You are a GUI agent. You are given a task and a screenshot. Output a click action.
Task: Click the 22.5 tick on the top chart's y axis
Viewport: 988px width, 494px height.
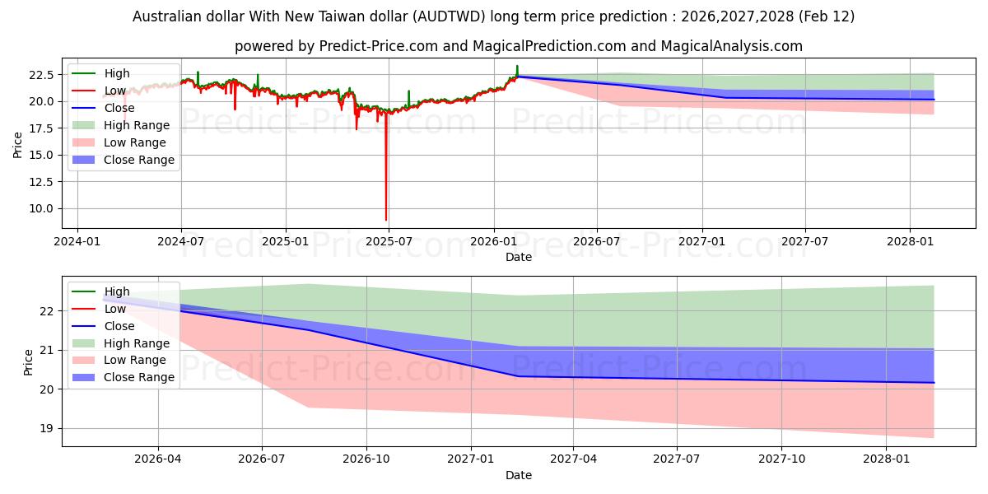pos(42,75)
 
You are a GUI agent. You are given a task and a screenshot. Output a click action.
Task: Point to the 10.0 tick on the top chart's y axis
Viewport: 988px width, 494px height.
pos(42,209)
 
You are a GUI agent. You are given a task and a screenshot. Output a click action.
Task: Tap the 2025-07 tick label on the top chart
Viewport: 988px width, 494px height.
pos(389,241)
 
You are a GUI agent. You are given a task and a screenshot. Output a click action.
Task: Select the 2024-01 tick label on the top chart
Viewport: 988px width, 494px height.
pos(77,241)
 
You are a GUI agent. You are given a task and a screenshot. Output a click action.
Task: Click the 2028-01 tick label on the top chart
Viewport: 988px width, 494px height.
pos(910,241)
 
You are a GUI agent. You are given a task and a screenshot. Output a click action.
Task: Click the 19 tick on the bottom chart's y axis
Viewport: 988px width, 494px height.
pos(48,428)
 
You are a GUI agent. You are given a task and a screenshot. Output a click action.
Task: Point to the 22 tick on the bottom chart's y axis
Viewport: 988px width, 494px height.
pos(48,311)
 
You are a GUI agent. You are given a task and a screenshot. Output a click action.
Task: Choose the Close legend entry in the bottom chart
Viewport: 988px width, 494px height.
pos(119,326)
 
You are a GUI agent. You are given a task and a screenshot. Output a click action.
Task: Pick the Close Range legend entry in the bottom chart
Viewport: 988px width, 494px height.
pos(139,377)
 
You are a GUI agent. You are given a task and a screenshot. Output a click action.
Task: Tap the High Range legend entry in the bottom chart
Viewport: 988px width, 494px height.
pos(137,343)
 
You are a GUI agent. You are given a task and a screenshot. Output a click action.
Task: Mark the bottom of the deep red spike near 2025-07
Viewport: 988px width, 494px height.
pos(386,220)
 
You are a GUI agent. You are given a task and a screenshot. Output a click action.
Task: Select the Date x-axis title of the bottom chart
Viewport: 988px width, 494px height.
pos(519,475)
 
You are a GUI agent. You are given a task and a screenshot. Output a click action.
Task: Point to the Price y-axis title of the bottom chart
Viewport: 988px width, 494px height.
pos(30,361)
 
